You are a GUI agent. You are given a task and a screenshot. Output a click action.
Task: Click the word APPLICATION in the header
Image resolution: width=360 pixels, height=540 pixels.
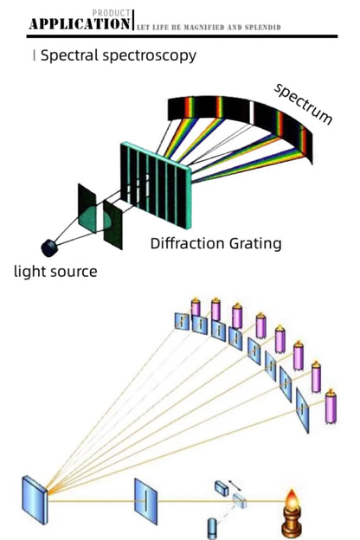[x=79, y=24]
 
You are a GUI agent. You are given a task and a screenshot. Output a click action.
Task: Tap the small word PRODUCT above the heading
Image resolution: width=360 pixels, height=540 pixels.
[x=113, y=13]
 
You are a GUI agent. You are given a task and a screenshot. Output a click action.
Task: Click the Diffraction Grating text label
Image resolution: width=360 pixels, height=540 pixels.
[x=215, y=243]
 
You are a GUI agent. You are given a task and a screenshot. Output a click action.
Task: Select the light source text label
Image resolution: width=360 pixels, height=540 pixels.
[x=55, y=272]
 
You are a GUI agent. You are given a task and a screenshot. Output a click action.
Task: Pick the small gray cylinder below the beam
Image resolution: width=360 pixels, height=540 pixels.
[x=214, y=525]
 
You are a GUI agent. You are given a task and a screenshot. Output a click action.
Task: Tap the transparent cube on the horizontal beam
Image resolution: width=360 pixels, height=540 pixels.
[x=240, y=498]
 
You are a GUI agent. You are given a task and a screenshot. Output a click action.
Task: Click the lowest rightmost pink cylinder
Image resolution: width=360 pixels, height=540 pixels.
[x=330, y=405]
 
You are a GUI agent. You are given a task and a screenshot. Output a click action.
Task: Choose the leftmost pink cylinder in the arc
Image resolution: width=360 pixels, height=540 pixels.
[x=196, y=306]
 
